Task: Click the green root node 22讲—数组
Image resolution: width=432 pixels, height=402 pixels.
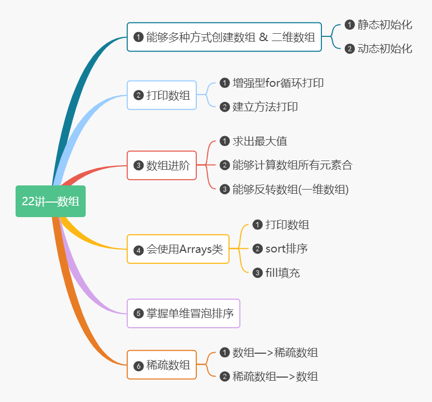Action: coord(50,201)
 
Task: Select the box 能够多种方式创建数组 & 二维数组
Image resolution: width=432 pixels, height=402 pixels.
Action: coord(224,37)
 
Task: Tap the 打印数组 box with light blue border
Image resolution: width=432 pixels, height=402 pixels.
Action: coord(162,95)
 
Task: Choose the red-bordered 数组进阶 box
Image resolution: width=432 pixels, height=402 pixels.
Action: coord(162,166)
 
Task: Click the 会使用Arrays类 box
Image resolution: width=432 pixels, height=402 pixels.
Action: coord(178,249)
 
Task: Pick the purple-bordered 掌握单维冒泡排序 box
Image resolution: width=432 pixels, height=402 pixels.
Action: coord(184,313)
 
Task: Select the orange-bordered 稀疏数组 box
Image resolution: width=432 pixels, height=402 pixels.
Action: coord(162,365)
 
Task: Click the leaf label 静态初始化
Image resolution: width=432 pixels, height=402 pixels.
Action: coord(385,24)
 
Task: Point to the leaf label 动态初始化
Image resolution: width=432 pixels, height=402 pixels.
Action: coord(385,48)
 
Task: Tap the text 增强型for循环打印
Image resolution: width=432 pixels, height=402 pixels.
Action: coord(278,83)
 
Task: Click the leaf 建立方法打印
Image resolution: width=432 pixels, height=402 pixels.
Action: coord(265,106)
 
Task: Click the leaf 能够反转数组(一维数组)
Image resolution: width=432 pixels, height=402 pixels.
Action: coord(290,189)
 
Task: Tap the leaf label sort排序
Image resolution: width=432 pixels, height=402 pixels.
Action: coord(286,249)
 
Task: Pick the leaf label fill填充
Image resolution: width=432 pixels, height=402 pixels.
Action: coord(282,273)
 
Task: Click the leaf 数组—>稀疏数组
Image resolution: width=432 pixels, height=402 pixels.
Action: coord(275,353)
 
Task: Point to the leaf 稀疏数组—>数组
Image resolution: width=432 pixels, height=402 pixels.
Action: coord(275,377)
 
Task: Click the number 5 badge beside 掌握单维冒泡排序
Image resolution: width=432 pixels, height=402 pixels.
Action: coord(138,313)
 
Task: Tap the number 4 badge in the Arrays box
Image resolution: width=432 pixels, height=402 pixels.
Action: coord(138,250)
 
